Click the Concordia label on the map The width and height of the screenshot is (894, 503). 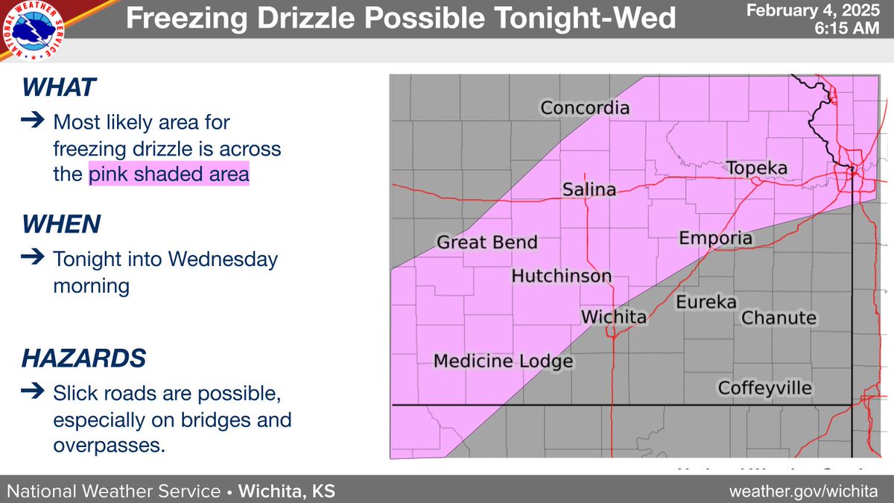[x=585, y=108]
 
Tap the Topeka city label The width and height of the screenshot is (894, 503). [x=756, y=168]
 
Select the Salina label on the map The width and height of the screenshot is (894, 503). [x=589, y=189]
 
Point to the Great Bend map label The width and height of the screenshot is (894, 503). [x=486, y=243]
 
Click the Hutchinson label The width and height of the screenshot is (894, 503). [x=561, y=276]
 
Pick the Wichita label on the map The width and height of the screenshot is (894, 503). [x=613, y=317]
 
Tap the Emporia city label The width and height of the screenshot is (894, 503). [x=716, y=238]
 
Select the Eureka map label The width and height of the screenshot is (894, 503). [x=706, y=302]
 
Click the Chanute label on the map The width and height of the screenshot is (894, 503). [x=779, y=318]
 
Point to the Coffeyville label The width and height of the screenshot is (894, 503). [x=764, y=387]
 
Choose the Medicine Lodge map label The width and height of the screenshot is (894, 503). [x=503, y=361]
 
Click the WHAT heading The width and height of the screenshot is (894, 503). [x=60, y=88]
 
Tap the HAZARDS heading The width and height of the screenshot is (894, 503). [x=83, y=358]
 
